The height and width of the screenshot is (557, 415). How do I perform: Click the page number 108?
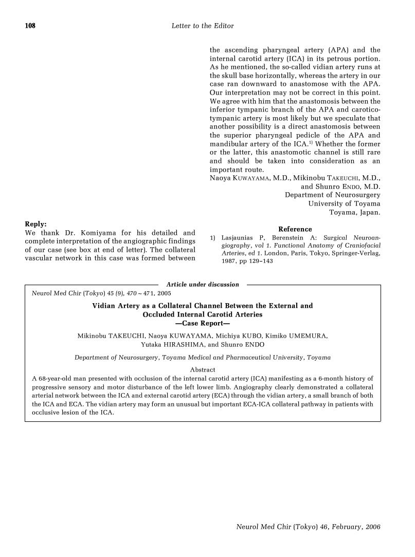pos(30,26)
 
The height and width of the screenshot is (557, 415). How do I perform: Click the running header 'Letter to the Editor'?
pos(202,26)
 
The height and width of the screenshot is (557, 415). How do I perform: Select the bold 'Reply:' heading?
pos(36,224)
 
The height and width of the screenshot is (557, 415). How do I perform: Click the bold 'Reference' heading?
pos(295,229)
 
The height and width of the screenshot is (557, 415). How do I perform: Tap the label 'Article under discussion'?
pos(203,284)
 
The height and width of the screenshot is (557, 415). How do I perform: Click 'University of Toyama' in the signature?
pos(344,203)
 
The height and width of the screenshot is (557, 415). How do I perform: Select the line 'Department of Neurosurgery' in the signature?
pos(333,195)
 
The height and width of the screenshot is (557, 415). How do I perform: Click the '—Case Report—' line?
pos(202,324)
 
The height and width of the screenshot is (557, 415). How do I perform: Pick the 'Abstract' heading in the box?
pos(203,369)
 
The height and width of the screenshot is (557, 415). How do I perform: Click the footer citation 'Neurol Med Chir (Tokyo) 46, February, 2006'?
pos(308,527)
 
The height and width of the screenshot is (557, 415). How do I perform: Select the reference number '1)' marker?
pos(212,238)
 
